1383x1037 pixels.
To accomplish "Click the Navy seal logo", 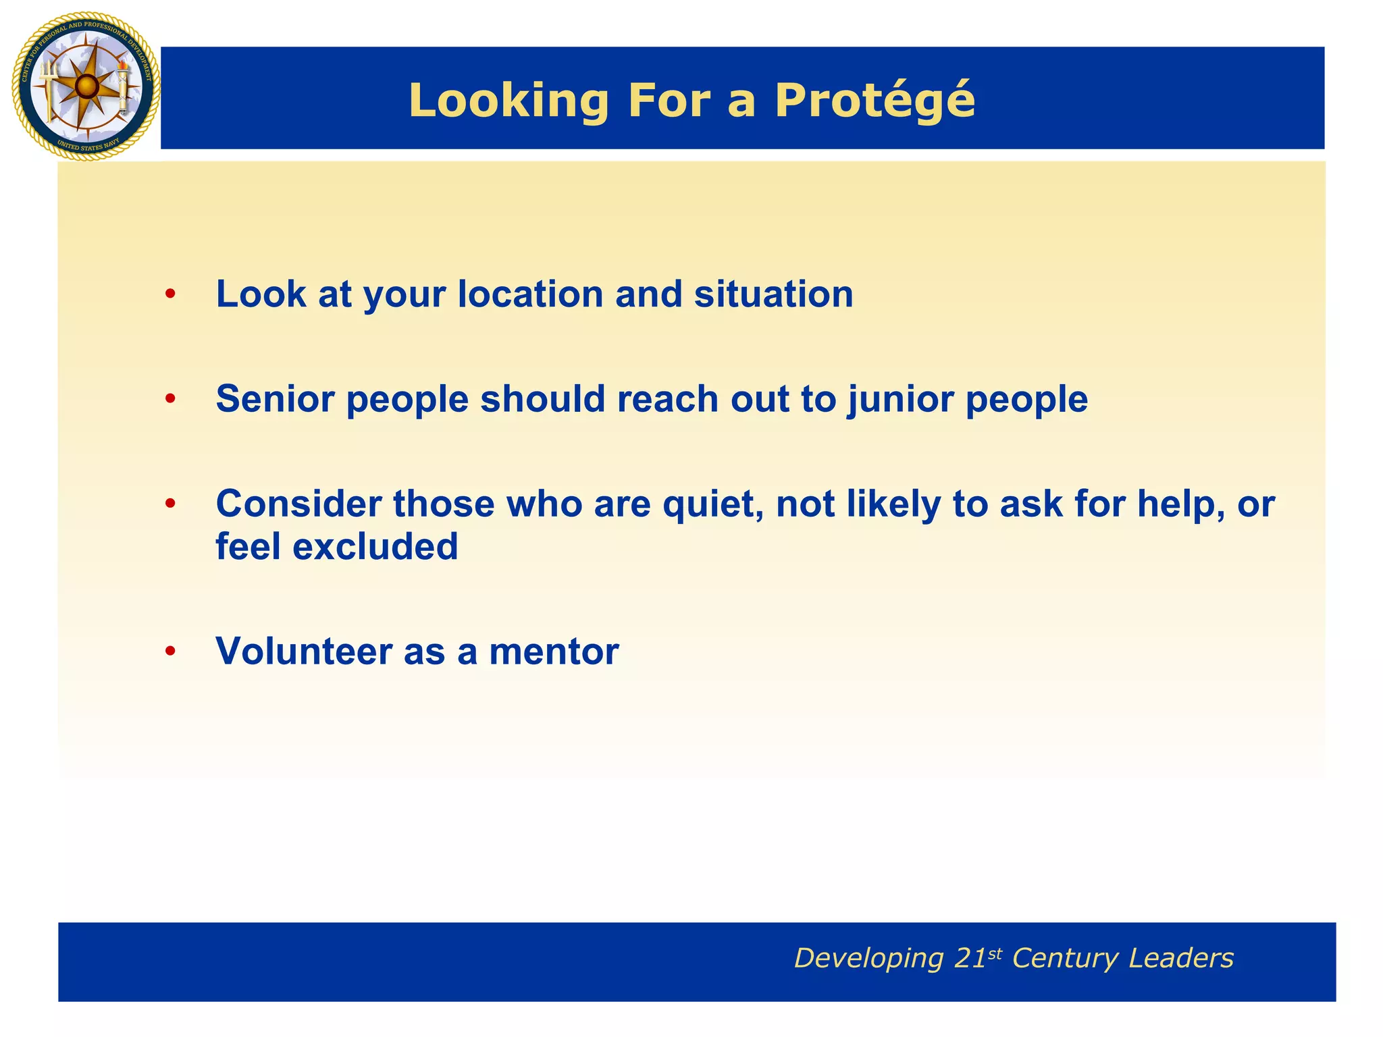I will click(x=86, y=86).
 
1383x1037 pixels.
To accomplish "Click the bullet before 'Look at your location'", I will click(x=170, y=294).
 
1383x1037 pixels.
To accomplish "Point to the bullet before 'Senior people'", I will click(x=170, y=399).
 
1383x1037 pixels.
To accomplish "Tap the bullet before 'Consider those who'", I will click(x=170, y=504).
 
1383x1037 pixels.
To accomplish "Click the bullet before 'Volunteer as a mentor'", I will click(x=170, y=652).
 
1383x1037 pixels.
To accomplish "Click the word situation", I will click(x=774, y=294).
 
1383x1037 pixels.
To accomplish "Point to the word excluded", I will click(x=375, y=546).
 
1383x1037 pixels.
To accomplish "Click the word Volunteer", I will click(x=304, y=652).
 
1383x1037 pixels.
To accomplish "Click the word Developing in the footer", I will click(x=868, y=959).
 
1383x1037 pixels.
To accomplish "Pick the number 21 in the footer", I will click(x=970, y=959).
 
